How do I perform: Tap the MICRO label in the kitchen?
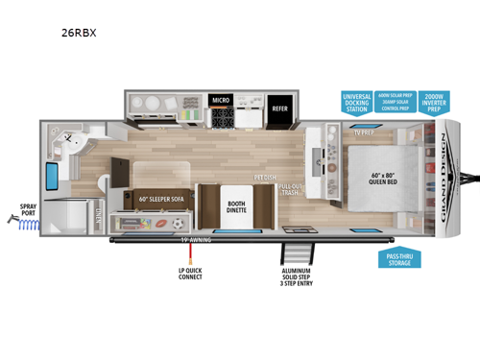click(x=220, y=100)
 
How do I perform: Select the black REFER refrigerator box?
click(x=280, y=108)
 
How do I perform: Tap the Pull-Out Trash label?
click(x=293, y=190)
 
